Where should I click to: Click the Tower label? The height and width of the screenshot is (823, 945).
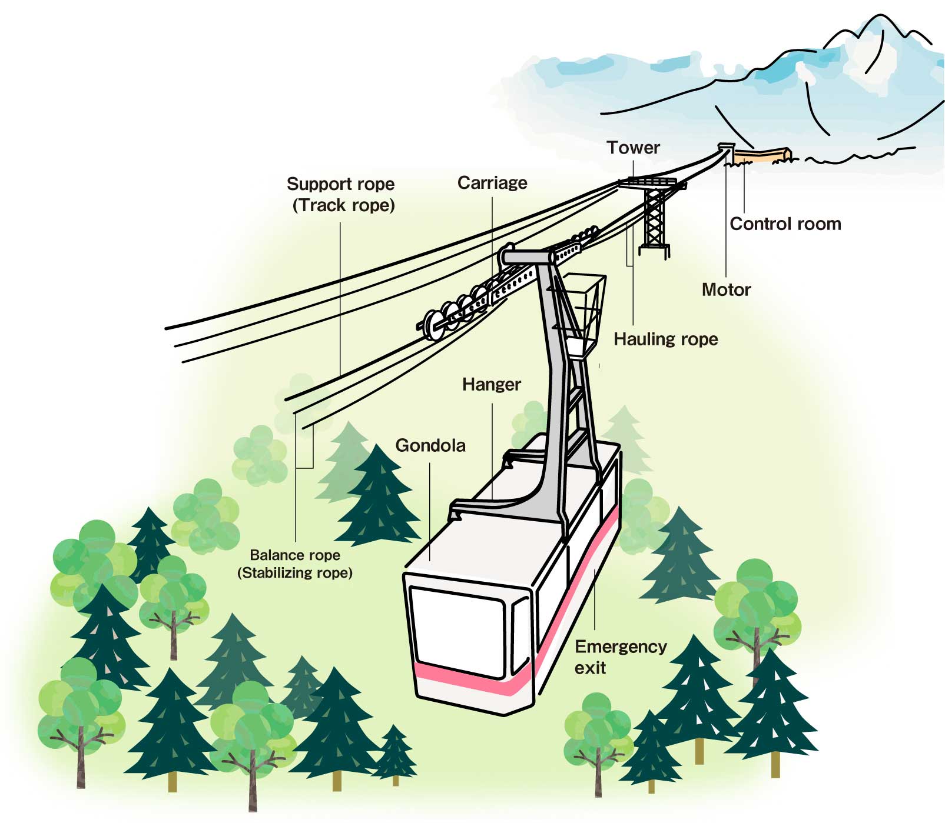633,148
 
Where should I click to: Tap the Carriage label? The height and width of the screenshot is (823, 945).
492,183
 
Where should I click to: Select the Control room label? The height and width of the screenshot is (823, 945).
785,224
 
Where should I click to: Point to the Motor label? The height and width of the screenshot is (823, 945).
726,289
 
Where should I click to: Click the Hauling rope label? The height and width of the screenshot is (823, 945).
666,339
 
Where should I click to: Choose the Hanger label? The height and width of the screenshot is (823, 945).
492,385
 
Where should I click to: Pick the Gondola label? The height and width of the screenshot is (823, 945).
430,445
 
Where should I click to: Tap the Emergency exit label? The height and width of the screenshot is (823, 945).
621,657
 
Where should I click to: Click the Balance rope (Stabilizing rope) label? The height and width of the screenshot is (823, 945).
295,564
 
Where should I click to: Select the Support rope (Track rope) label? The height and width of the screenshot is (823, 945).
341,195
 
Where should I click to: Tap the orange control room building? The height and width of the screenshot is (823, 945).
761,155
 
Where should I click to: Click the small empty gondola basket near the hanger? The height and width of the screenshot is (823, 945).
583,314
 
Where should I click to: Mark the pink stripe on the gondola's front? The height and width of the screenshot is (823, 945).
471,677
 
